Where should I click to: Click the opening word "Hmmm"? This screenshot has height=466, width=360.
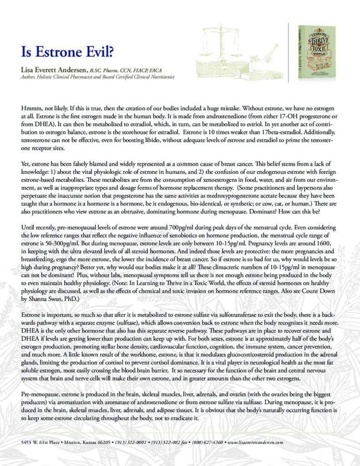pos(31,109)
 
